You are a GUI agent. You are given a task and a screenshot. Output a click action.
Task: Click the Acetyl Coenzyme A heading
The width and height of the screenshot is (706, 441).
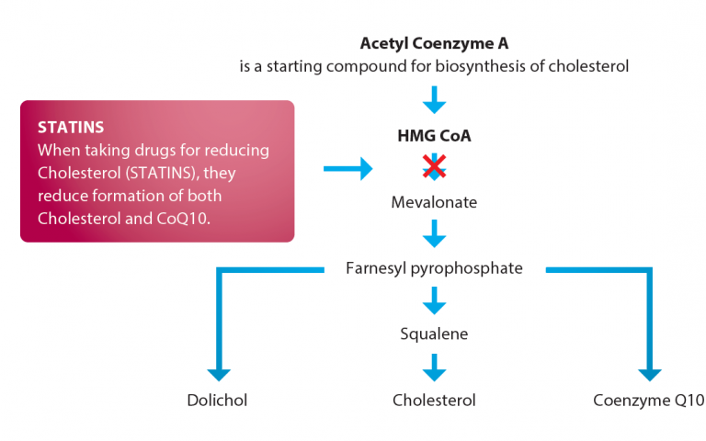pyautogui.click(x=434, y=43)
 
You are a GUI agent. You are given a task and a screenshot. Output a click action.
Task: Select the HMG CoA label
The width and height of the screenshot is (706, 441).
pyautogui.click(x=434, y=136)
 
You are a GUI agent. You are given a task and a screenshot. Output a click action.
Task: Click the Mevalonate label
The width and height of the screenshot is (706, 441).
pyautogui.click(x=434, y=202)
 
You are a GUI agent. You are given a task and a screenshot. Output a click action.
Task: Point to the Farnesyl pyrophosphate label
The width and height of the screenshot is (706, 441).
pyautogui.click(x=434, y=268)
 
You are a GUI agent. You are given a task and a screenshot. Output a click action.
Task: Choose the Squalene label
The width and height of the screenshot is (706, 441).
pyautogui.click(x=434, y=334)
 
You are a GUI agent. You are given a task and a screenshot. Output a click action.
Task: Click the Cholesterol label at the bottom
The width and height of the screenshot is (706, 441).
pyautogui.click(x=434, y=401)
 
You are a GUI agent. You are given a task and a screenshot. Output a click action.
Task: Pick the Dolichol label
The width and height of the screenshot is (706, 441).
pyautogui.click(x=218, y=401)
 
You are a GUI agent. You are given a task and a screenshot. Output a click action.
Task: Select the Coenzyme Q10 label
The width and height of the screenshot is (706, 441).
pyautogui.click(x=649, y=401)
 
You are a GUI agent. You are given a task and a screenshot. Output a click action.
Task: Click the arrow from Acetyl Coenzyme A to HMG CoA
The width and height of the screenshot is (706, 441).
pyautogui.click(x=434, y=98)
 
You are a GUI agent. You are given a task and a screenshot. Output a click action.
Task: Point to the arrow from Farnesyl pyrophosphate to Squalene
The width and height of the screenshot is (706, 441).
pyautogui.click(x=434, y=300)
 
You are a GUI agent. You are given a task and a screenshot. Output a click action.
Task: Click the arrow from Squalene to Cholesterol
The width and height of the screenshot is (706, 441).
pyautogui.click(x=434, y=367)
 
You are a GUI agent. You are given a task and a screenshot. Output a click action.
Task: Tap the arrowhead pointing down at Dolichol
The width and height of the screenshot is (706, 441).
pyautogui.click(x=219, y=371)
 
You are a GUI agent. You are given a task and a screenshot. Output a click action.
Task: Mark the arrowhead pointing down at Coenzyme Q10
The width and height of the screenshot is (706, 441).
pyautogui.click(x=649, y=371)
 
